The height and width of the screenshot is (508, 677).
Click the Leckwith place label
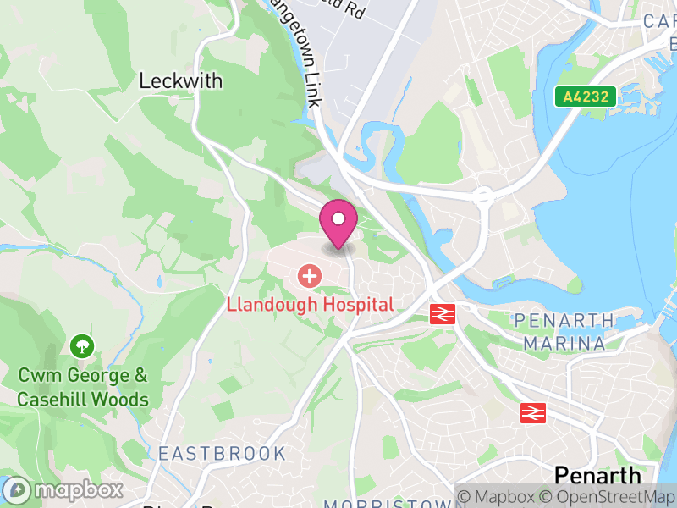click(180, 81)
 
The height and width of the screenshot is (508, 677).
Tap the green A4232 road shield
click(585, 97)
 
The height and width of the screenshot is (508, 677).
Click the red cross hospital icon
click(310, 276)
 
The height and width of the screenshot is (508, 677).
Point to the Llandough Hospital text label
click(310, 305)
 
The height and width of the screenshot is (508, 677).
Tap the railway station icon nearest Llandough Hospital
click(443, 314)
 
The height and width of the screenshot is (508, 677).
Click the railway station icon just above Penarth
click(532, 412)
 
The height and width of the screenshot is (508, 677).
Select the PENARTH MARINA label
click(564, 332)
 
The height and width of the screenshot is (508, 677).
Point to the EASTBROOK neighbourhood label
click(223, 454)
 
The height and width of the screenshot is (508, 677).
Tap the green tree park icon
click(82, 345)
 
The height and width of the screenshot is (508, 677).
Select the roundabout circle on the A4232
click(483, 196)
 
